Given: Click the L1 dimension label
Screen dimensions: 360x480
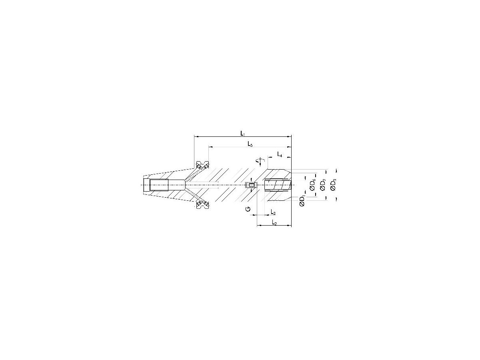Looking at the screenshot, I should tap(243, 132).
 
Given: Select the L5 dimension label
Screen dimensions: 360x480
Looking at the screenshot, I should tap(250, 144).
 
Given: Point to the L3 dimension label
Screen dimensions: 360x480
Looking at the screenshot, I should tap(273, 212).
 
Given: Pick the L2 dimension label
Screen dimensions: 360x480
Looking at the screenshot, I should tap(274, 222).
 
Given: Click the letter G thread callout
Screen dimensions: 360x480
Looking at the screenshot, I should tap(248, 209).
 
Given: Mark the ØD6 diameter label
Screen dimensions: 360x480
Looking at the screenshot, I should tap(313, 184).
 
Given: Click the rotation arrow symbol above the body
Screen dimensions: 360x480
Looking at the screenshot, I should tap(260, 161).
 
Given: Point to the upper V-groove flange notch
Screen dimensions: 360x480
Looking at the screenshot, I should tap(202, 165).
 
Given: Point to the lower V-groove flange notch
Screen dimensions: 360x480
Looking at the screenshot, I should tap(202, 204).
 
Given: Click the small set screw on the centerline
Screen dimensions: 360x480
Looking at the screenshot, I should tap(251, 185).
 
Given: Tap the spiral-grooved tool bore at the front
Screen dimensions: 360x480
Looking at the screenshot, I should tap(277, 185).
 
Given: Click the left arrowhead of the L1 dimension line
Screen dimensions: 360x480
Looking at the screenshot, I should tap(195, 136).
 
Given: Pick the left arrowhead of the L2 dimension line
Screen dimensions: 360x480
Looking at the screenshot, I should tap(258, 226).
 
